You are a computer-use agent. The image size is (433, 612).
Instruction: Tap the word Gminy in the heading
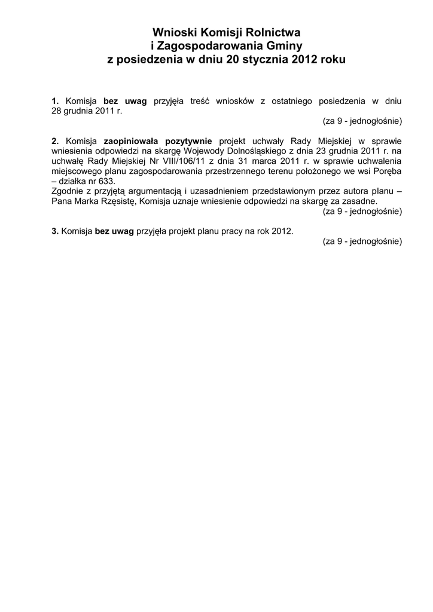[284, 46]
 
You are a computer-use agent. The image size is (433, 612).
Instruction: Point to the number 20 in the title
[231, 60]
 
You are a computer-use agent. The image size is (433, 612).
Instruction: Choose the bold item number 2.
[55, 141]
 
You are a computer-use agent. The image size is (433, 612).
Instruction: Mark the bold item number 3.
[55, 231]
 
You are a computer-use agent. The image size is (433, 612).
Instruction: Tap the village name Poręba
[386, 172]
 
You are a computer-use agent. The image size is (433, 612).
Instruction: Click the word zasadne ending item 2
[359, 202]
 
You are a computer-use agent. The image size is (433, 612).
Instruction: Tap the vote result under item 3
[362, 241]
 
